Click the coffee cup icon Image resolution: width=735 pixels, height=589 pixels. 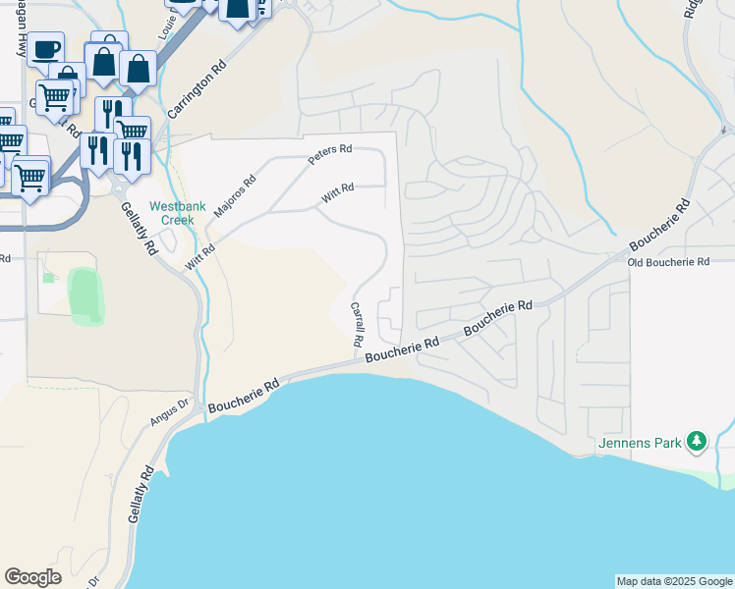tap(45, 49)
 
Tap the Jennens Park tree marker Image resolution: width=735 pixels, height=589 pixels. tap(696, 441)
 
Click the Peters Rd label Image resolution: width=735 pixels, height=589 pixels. tap(329, 155)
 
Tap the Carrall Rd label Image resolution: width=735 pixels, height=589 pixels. tap(358, 324)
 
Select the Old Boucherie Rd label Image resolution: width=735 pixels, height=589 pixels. tap(668, 262)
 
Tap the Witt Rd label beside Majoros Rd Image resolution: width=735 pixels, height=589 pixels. tap(198, 258)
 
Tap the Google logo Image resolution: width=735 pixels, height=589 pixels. tap(33, 577)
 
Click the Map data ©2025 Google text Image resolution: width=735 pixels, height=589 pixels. tap(674, 581)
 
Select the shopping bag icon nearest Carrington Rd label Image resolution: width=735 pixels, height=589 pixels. tap(139, 69)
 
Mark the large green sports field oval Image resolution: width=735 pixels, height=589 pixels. tap(86, 295)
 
